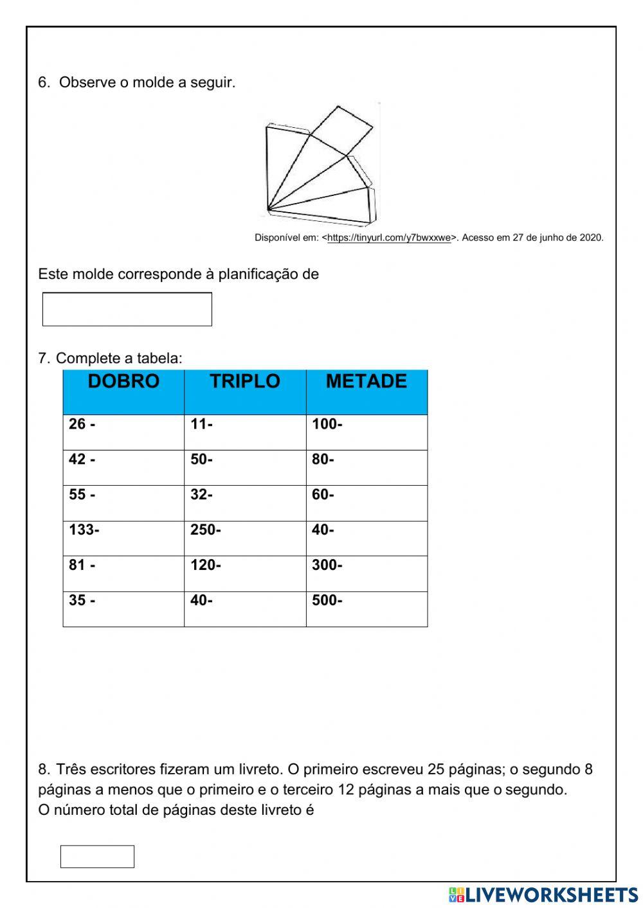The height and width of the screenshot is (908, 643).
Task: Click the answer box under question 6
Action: [127, 309]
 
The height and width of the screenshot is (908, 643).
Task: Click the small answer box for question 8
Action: [97, 857]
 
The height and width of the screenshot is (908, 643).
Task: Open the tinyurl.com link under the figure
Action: [388, 238]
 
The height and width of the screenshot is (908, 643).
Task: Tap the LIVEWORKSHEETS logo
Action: [543, 895]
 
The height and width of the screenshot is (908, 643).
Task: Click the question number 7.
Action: [43, 358]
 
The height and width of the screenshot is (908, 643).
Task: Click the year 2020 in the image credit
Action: [591, 238]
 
